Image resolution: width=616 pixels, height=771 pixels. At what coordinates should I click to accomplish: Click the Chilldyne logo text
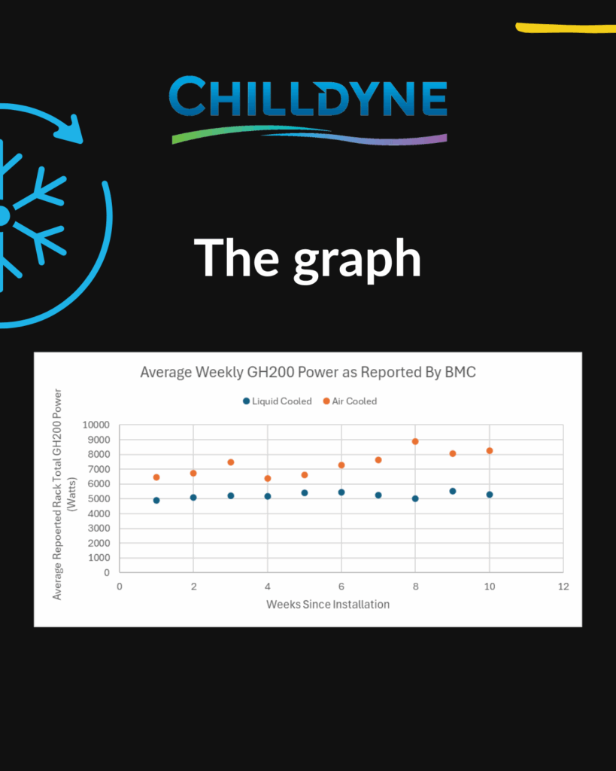click(308, 96)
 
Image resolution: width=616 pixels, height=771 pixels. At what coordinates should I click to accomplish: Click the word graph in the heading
click(357, 260)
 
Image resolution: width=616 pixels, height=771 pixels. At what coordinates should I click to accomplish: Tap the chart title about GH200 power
click(308, 372)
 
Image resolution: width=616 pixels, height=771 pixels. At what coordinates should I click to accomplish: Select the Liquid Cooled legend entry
click(278, 401)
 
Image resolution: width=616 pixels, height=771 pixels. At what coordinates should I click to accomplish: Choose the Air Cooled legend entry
click(350, 401)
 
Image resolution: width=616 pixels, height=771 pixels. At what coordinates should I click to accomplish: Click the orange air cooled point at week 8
click(415, 441)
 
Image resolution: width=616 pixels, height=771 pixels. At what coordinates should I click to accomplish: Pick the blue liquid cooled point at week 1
click(156, 501)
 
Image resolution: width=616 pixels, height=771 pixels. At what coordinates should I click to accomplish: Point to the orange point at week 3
click(231, 462)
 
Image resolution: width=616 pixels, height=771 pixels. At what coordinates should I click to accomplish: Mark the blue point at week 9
click(453, 491)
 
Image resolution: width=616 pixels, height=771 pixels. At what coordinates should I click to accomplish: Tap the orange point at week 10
click(489, 451)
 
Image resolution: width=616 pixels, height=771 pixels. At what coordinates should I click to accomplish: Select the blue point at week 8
click(415, 498)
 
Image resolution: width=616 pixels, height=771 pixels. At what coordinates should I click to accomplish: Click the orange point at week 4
click(268, 478)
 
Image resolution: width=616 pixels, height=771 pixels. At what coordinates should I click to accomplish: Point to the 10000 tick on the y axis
click(96, 425)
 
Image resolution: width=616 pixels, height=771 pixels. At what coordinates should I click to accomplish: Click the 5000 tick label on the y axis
click(99, 498)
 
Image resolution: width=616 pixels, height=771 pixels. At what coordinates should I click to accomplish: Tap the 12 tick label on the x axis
click(563, 586)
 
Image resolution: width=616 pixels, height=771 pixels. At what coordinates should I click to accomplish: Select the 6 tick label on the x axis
click(341, 586)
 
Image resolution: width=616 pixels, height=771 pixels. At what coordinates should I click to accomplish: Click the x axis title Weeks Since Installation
click(328, 605)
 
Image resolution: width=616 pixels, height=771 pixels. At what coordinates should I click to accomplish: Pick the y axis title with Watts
click(65, 494)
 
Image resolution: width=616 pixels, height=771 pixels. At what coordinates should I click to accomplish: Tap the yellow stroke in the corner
click(566, 28)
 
